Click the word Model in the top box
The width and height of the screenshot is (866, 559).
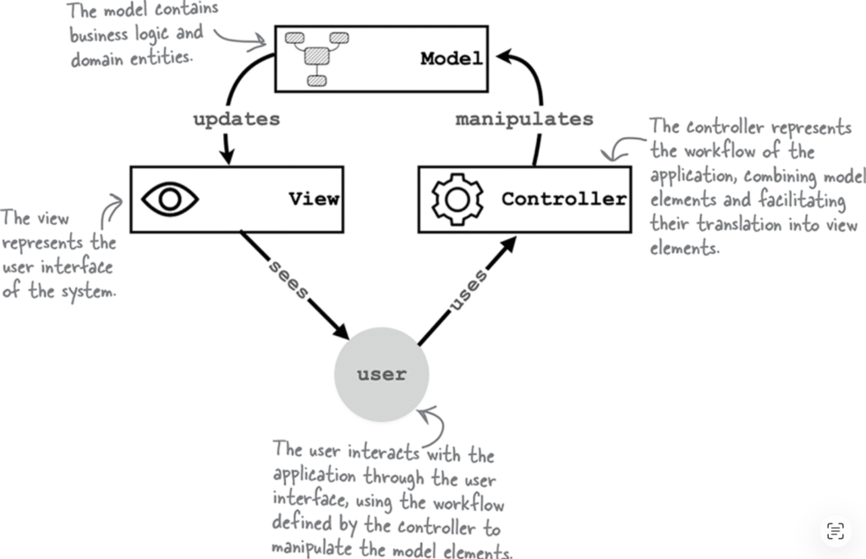pos(452,58)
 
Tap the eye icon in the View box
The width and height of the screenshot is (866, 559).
pos(169,199)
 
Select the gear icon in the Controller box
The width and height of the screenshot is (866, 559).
pos(457,199)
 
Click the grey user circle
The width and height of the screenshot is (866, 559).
pos(381,374)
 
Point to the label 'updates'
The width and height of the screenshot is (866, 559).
pos(236,119)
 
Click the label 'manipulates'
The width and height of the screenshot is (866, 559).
pos(524,119)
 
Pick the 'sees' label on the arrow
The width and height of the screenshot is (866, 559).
pos(288,277)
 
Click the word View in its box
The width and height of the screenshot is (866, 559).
pos(314,200)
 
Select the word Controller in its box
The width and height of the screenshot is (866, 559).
pos(564,200)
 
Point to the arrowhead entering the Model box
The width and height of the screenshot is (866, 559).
pos(505,57)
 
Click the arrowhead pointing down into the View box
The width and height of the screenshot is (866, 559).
pos(226,157)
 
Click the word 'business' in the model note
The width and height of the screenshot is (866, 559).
pos(100,36)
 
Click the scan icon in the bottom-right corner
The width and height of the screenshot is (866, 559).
pos(835,530)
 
